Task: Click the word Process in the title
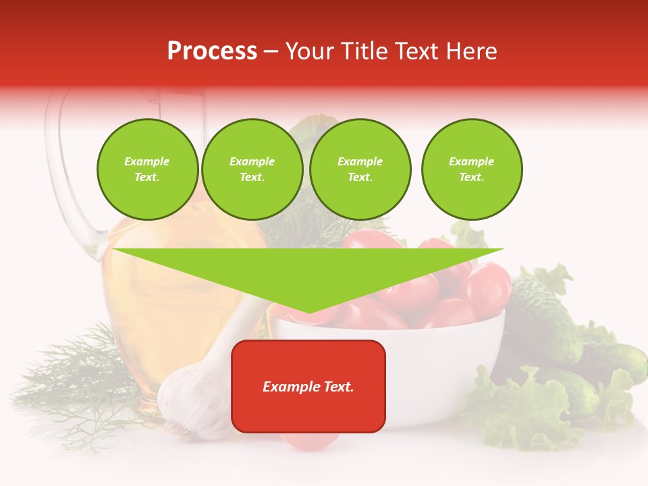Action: [x=212, y=51]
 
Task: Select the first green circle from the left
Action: [x=148, y=169]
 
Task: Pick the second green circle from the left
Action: [x=252, y=169]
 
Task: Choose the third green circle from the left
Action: [x=360, y=169]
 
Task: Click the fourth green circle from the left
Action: [x=472, y=169]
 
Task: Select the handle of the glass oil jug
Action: [x=67, y=175]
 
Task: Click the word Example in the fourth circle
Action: [x=472, y=161]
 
